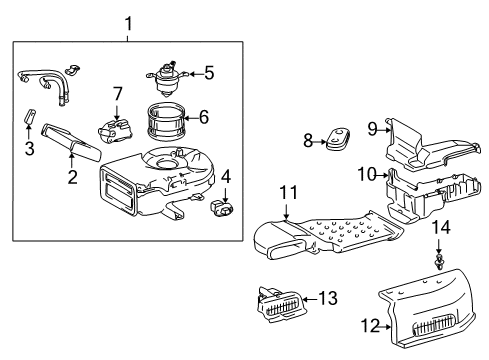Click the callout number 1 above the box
[x=127, y=22]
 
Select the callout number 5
[x=209, y=71]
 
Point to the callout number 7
[x=117, y=94]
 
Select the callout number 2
[x=72, y=178]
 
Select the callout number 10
[x=367, y=174]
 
